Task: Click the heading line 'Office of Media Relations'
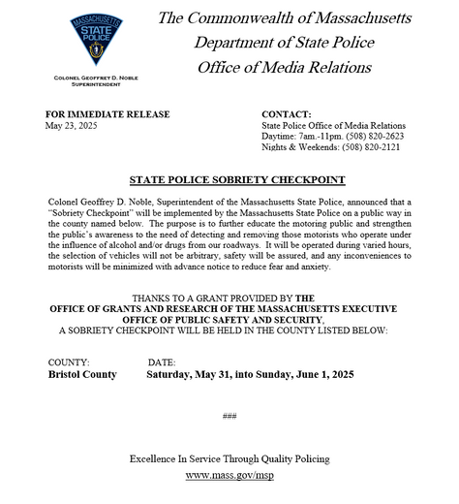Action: point(284,67)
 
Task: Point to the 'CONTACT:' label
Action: point(287,114)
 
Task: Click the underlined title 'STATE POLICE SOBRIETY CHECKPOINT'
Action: point(229,180)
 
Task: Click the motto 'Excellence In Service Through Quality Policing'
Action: point(229,457)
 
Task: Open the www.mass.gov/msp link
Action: point(229,476)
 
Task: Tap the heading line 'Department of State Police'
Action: point(284,43)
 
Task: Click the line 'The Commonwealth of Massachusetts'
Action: point(284,18)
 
